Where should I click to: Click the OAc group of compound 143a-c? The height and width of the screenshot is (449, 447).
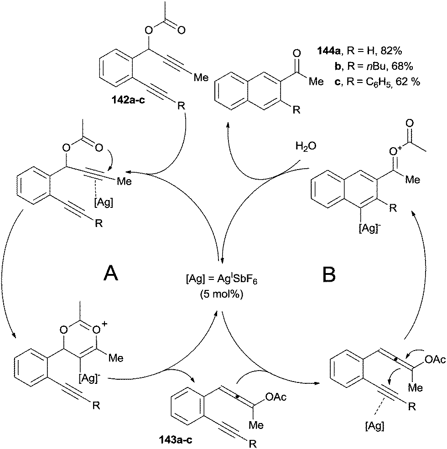click(275, 398)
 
